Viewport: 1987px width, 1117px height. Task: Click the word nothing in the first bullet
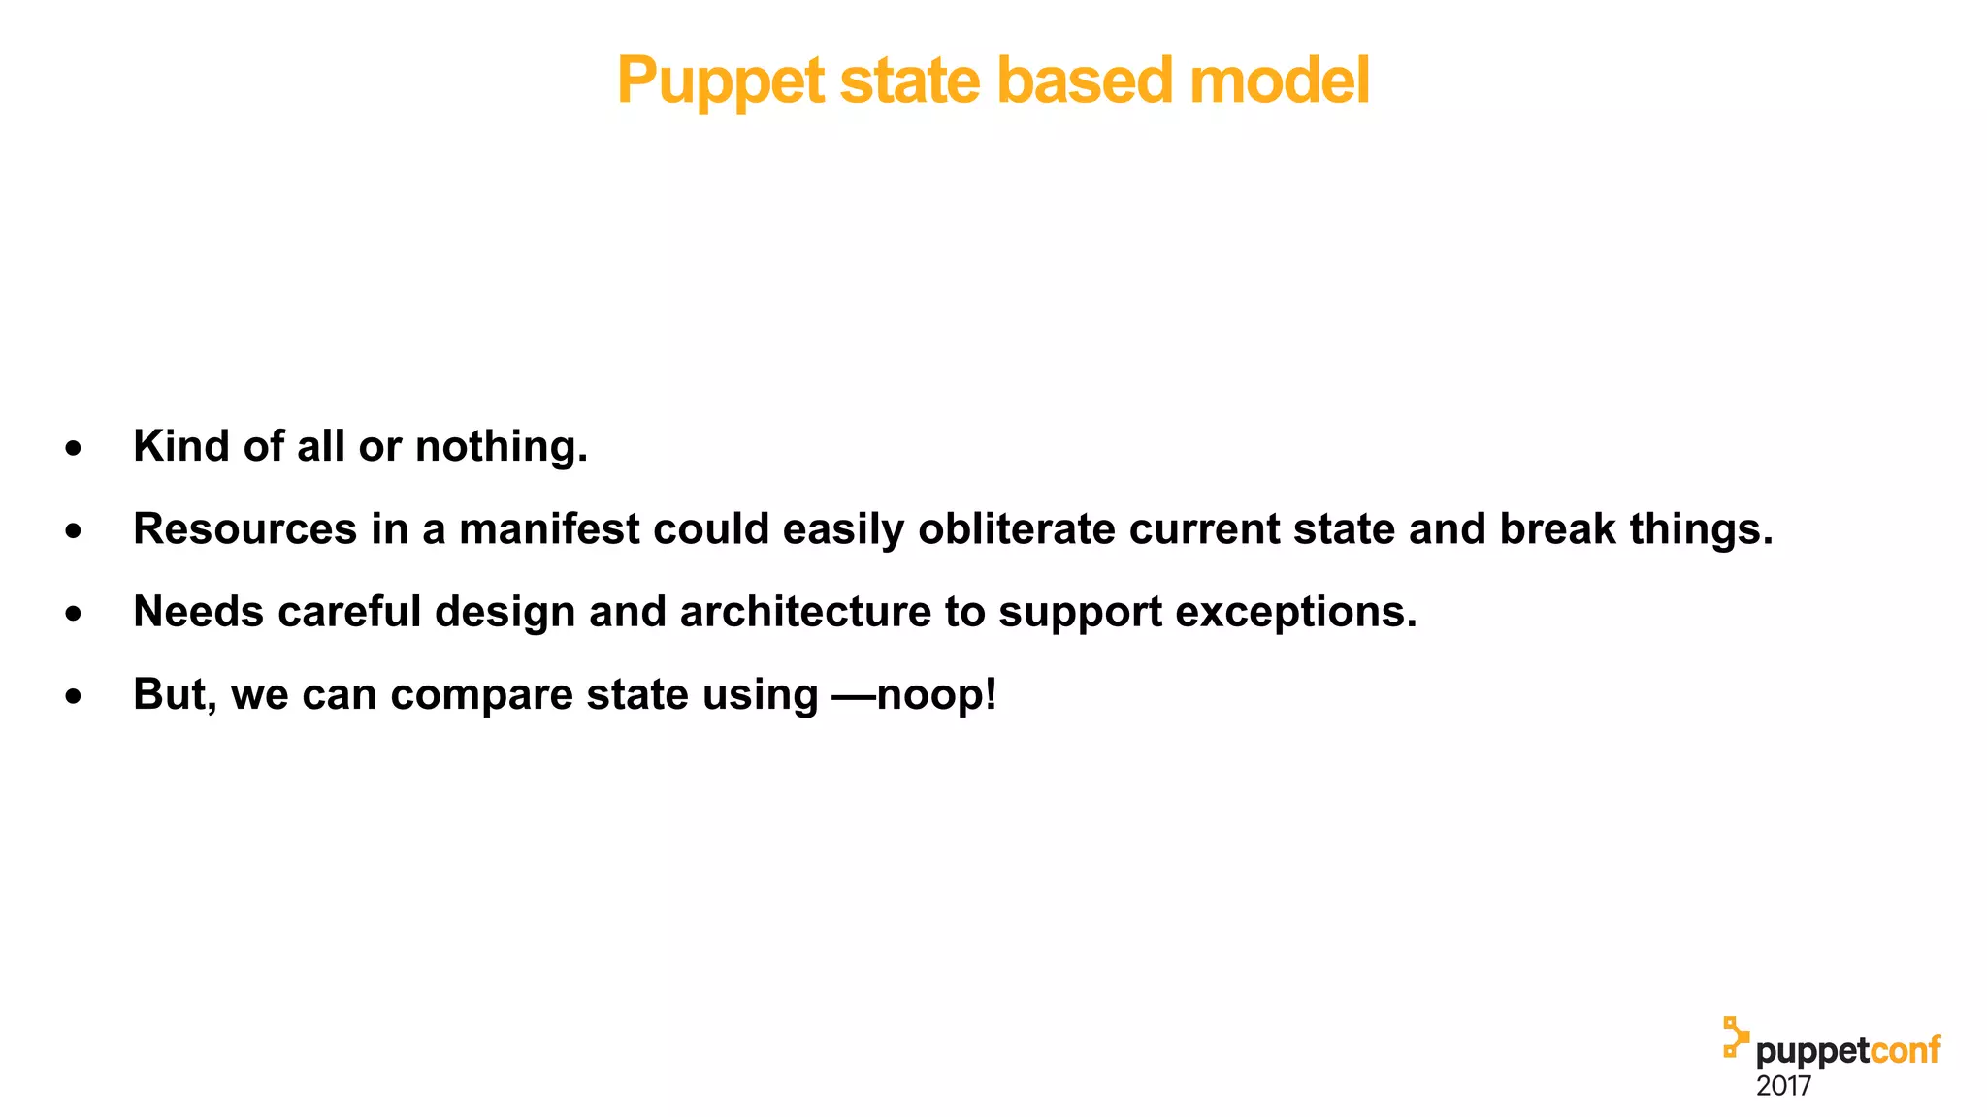pos(502,447)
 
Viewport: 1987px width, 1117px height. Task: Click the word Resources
pos(244,529)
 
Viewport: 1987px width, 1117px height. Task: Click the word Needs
pos(198,612)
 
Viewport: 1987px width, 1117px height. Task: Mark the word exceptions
pos(1296,612)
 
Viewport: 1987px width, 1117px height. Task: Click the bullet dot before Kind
pos(74,449)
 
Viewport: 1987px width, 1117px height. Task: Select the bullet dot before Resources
pos(74,531)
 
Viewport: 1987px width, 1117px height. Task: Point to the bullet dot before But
pos(74,696)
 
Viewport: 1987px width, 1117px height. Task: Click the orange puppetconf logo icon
pos(1735,1037)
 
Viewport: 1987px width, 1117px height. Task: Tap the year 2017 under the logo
pos(1783,1086)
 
